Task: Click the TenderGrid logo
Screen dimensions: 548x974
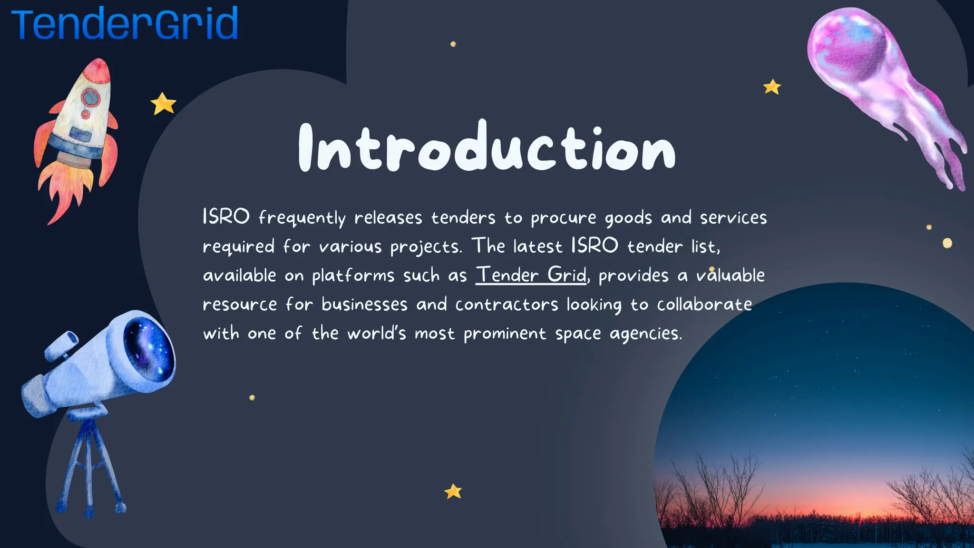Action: pyautogui.click(x=125, y=24)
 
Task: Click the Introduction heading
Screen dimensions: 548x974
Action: pyautogui.click(x=487, y=147)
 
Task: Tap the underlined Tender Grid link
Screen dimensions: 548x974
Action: pyautogui.click(x=531, y=275)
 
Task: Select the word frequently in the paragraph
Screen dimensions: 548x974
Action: pyautogui.click(x=302, y=218)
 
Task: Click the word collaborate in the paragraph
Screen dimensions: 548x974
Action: pyautogui.click(x=704, y=304)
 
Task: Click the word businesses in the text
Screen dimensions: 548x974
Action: pyautogui.click(x=364, y=304)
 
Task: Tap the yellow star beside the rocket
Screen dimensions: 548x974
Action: pyautogui.click(x=163, y=104)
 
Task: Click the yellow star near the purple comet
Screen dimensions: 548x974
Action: pyautogui.click(x=772, y=87)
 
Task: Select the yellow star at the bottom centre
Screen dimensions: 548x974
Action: pyautogui.click(x=453, y=491)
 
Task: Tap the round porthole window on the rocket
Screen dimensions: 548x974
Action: pyautogui.click(x=90, y=98)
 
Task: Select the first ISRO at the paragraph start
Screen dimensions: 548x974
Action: pyautogui.click(x=226, y=217)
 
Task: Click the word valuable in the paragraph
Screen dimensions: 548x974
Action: pyautogui.click(x=730, y=275)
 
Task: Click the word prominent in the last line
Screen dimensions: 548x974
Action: pyautogui.click(x=505, y=333)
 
